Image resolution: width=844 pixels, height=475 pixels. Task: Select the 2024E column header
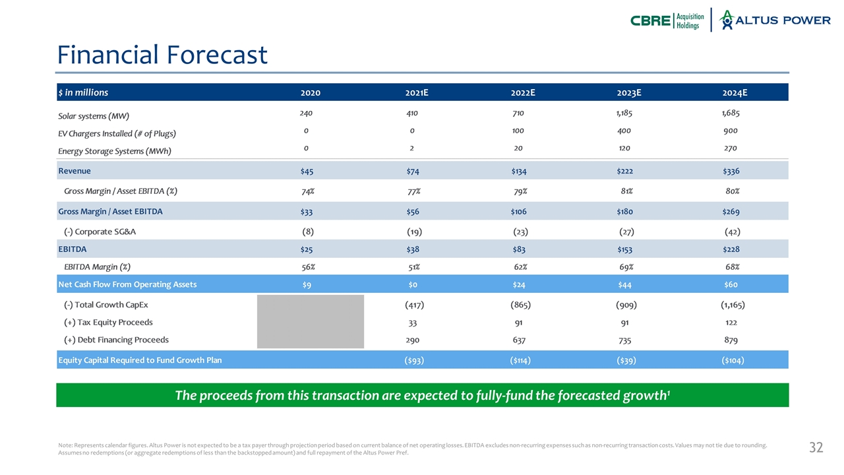735,93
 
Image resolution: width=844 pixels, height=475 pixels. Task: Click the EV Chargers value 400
625,131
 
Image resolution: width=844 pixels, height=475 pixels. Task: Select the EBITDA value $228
731,249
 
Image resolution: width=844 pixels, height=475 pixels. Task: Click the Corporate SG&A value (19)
414,232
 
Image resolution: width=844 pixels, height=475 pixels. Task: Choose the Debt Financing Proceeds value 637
521,340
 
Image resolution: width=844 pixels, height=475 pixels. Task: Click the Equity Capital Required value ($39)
625,360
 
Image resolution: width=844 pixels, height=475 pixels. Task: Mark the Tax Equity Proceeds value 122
731,323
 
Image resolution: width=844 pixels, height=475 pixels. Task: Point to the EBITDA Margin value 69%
626,267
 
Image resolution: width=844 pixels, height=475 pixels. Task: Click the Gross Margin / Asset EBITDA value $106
518,212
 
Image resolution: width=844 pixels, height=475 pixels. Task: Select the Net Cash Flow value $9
307,285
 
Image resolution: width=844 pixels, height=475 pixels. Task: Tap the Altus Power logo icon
727,20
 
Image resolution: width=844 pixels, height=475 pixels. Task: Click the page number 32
816,448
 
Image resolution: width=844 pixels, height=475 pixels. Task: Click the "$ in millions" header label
83,93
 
